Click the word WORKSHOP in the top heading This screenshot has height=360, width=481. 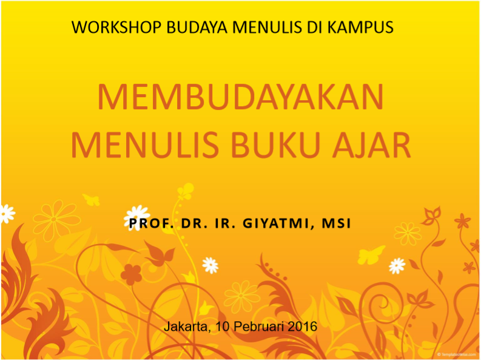tap(116, 27)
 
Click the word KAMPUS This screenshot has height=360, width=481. tap(360, 27)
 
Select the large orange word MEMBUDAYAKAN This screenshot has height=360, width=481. tap(240, 97)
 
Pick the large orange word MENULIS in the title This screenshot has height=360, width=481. tap(144, 145)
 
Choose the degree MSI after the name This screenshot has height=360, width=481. tap(336, 223)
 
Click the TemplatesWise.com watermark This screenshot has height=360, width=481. tap(457, 354)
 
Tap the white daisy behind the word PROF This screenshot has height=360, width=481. tap(137, 217)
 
